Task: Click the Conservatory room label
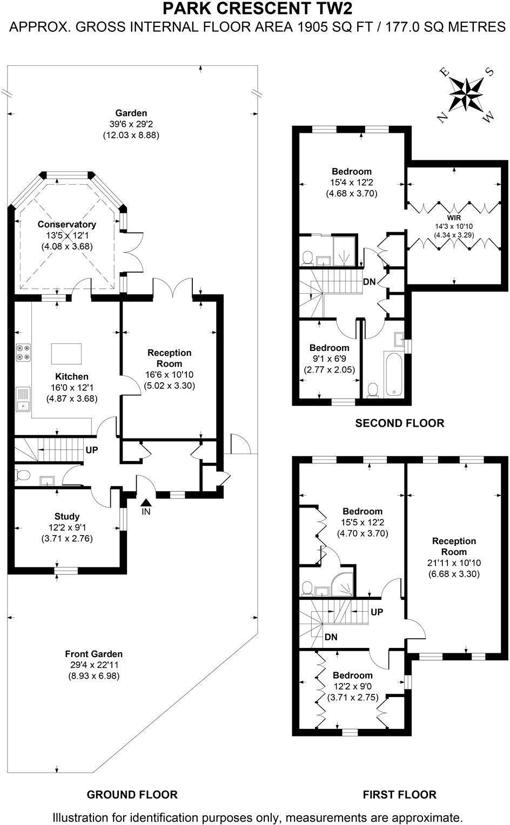67,224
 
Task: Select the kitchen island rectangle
66,354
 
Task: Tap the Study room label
67,517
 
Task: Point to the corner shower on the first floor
344,582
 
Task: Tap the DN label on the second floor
370,281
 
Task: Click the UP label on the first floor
377,612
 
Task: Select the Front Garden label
94,654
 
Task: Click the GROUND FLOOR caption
132,794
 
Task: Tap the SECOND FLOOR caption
399,423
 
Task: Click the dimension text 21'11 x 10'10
454,563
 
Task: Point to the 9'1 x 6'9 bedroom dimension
329,359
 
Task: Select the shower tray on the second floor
344,252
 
